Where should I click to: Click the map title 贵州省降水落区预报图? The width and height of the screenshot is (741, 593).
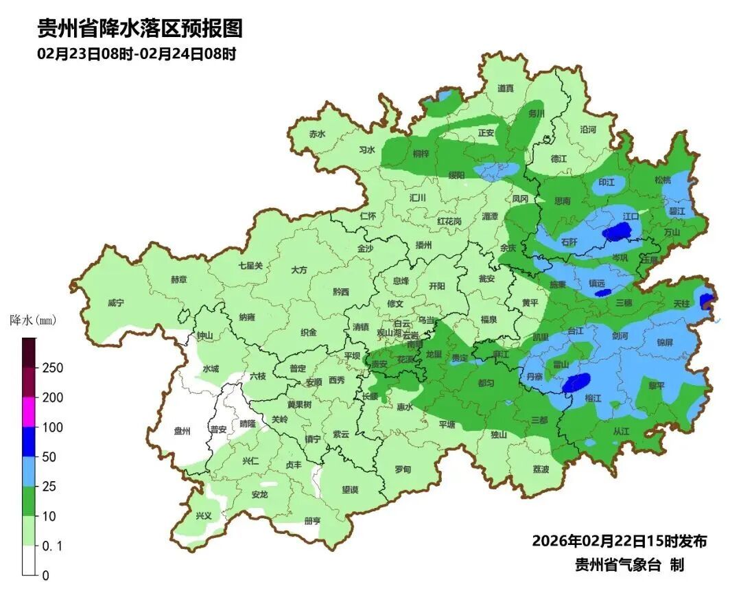[139, 28]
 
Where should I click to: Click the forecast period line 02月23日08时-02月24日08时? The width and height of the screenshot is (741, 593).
[137, 54]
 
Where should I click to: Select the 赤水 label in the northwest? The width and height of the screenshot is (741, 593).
[317, 135]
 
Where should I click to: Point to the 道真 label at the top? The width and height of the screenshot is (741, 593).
[506, 89]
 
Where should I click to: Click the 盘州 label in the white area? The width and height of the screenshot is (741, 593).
[182, 430]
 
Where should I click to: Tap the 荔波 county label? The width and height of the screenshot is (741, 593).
[541, 469]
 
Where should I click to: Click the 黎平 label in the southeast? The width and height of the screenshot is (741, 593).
[657, 386]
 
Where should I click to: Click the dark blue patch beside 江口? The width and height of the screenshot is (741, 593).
[615, 233]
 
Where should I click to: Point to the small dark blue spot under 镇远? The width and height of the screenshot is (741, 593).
[602, 292]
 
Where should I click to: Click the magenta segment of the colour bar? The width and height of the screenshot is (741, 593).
[30, 412]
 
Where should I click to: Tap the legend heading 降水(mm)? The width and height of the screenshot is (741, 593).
[32, 320]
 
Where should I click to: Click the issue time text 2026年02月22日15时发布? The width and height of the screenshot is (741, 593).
[619, 541]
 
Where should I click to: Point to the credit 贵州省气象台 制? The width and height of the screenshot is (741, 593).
[628, 565]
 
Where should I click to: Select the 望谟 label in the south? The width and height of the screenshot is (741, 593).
[350, 489]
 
